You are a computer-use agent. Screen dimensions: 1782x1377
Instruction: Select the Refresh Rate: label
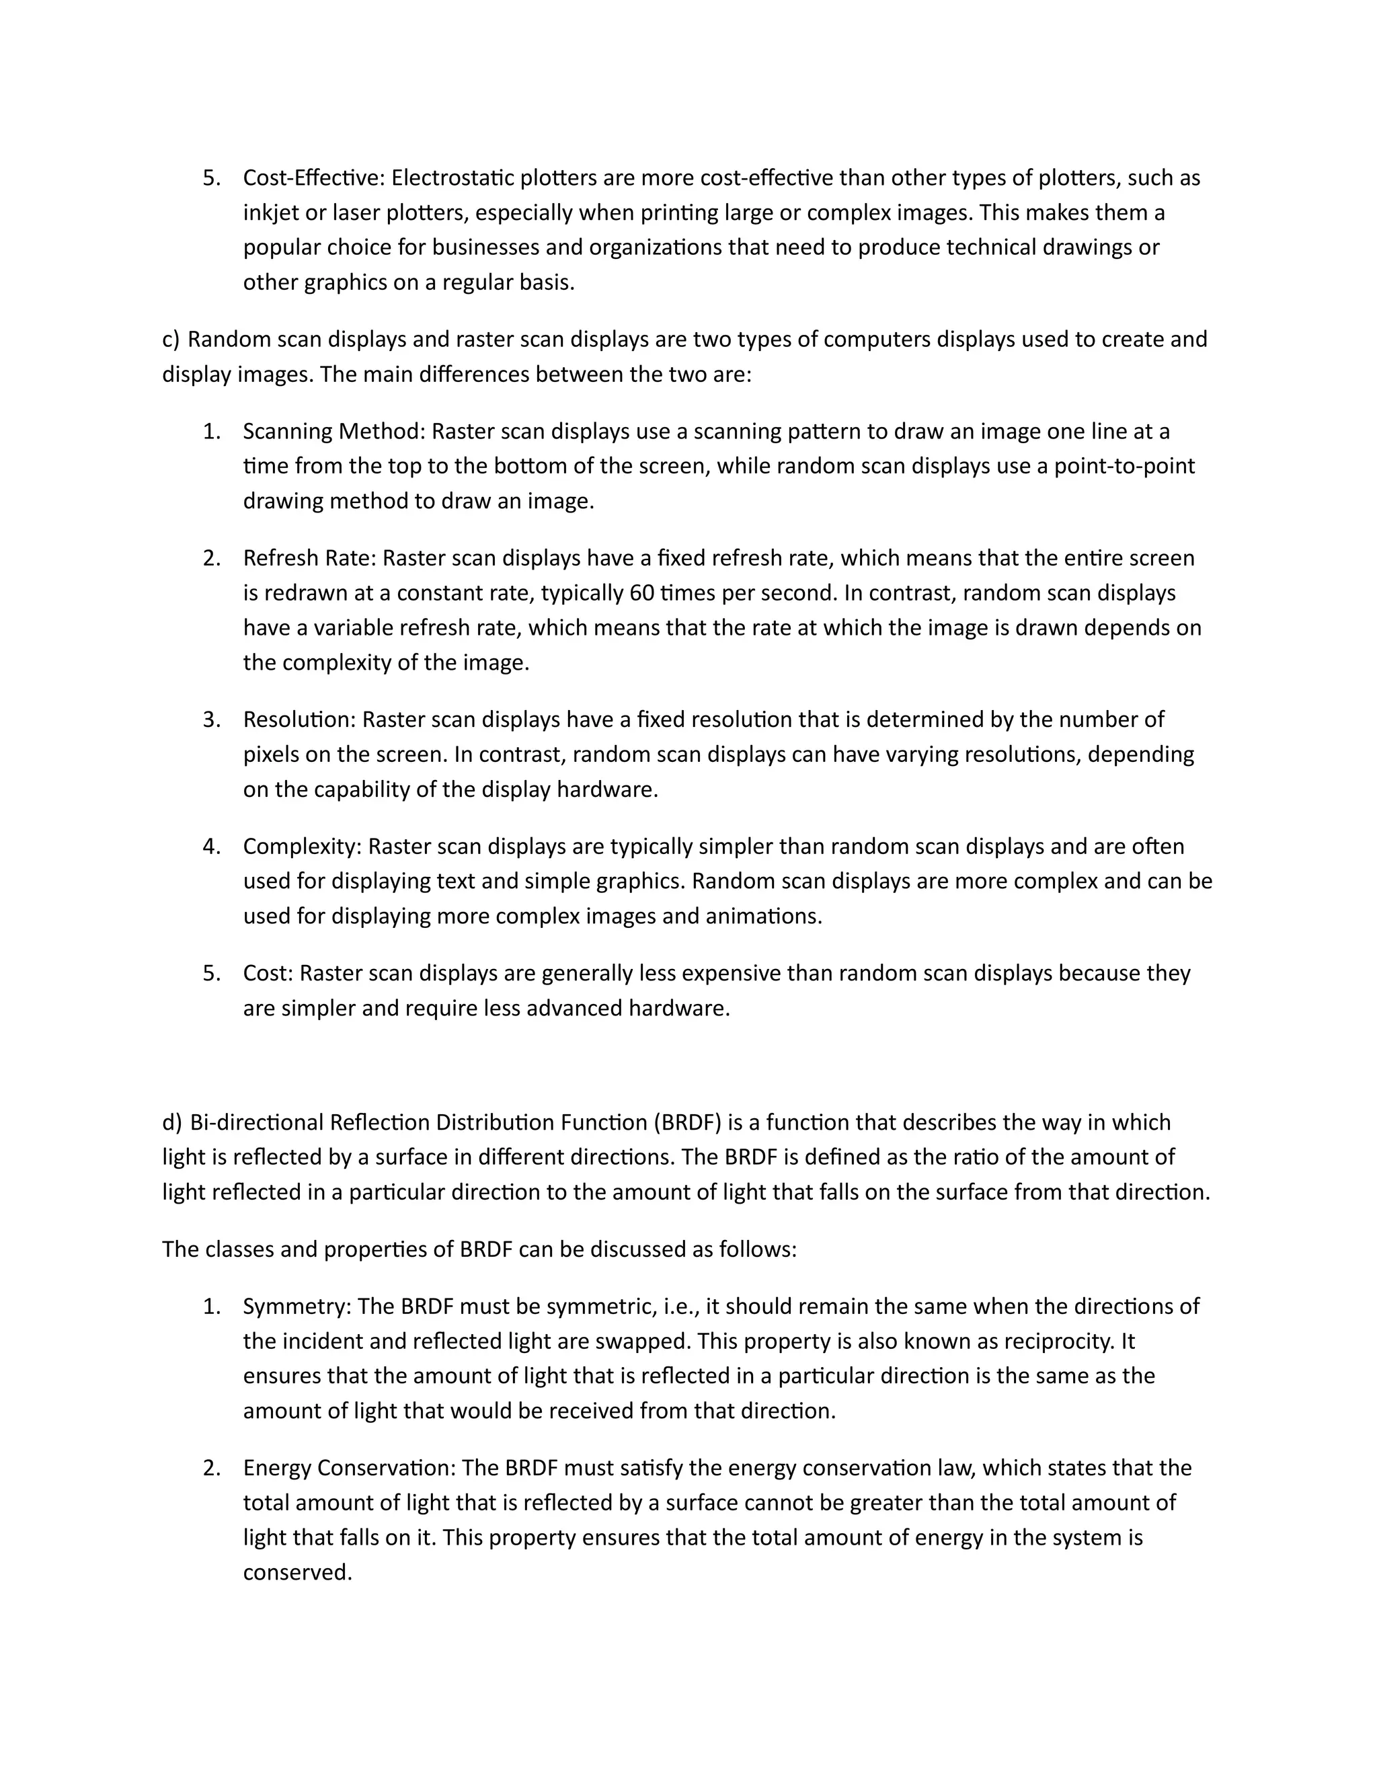click(309, 558)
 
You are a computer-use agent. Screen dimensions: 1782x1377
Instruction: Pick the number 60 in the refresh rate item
click(642, 592)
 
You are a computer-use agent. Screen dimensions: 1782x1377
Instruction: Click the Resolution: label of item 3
click(299, 720)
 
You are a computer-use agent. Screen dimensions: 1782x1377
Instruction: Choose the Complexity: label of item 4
click(302, 846)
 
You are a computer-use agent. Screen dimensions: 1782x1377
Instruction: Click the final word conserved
click(297, 1572)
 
